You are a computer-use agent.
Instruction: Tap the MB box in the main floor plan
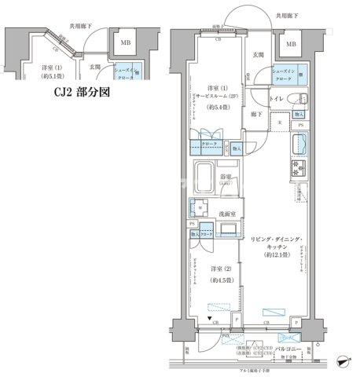292,45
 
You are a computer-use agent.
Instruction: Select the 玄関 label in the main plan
258,55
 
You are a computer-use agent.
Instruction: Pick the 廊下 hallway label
256,115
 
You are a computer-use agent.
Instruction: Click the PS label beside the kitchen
300,126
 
